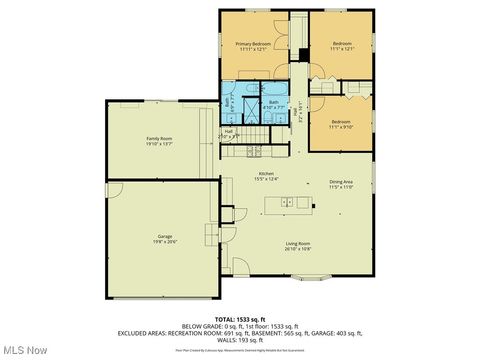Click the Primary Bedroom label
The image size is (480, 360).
click(x=255, y=44)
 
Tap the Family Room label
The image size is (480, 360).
click(x=160, y=139)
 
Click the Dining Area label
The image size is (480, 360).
click(x=341, y=182)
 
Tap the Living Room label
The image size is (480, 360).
click(x=297, y=243)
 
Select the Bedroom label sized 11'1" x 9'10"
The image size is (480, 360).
click(x=341, y=122)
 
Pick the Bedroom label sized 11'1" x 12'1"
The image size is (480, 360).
click(x=342, y=44)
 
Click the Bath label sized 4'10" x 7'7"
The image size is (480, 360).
click(x=273, y=103)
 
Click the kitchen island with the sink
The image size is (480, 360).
click(x=289, y=203)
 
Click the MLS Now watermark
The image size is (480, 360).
click(x=25, y=350)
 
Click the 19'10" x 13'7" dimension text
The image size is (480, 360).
click(x=160, y=144)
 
